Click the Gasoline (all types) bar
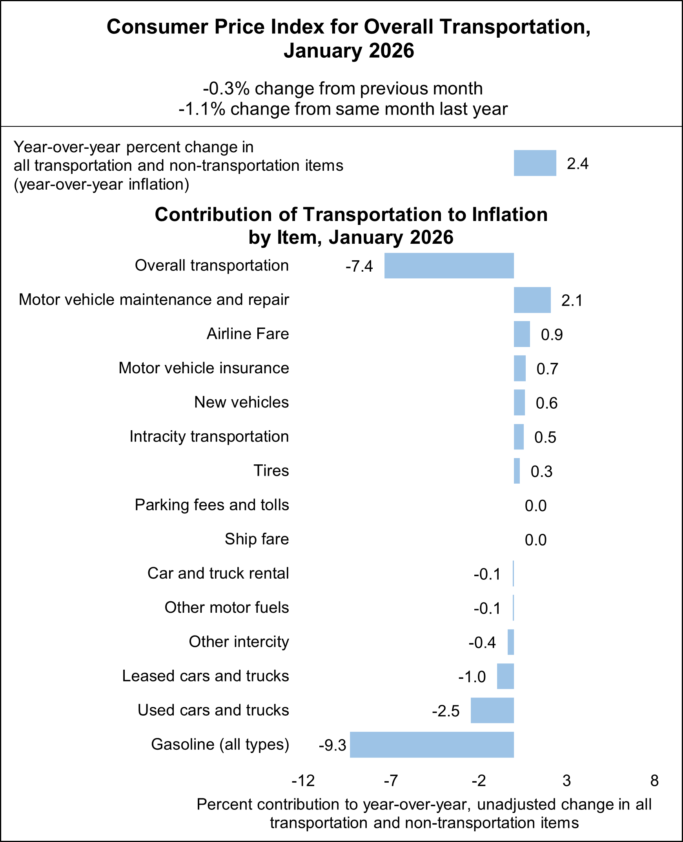point(432,744)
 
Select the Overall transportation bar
point(449,266)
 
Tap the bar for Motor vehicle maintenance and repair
point(532,300)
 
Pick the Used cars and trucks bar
point(492,710)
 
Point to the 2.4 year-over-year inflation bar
point(535,163)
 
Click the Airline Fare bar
point(522,334)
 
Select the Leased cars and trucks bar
point(505,676)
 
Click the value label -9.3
point(332,745)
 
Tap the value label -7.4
point(359,267)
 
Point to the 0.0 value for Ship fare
point(535,540)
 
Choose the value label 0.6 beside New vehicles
point(546,403)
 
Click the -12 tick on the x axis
point(303,780)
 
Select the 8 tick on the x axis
point(654,780)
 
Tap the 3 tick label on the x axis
point(566,780)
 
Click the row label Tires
point(271,471)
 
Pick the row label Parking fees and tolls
point(212,505)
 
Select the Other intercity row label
point(239,642)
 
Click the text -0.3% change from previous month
point(343,89)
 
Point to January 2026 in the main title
point(349,51)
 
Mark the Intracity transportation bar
point(519,437)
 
